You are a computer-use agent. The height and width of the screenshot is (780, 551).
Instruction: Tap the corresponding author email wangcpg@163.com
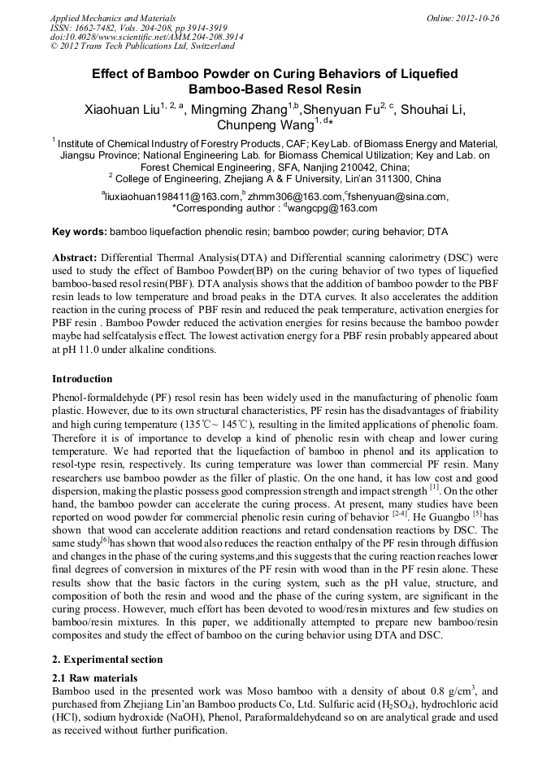[x=335, y=208]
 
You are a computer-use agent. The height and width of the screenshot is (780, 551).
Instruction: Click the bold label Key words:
[x=79, y=232]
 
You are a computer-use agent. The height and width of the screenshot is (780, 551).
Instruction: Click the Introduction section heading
[x=82, y=379]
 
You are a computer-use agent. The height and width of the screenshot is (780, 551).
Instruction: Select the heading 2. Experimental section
[x=107, y=660]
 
